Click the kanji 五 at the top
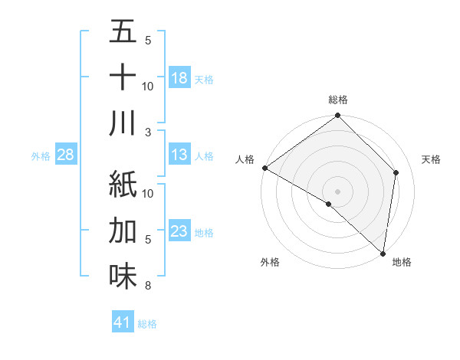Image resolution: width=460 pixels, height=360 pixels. pos(123,32)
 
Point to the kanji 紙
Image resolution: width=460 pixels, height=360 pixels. pos(123,185)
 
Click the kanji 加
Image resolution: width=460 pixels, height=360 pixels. pos(123,231)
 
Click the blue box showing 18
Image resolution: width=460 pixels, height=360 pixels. pos(179,77)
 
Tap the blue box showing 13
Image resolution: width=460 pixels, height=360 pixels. pos(179,155)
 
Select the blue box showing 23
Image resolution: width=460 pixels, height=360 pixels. pos(179,231)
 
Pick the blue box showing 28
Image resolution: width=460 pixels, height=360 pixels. pos(66,155)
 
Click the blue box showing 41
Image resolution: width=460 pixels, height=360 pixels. pos(123,322)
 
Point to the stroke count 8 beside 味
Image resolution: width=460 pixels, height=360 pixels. pos(148,286)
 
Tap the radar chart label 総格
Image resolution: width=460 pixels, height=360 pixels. pos(338,100)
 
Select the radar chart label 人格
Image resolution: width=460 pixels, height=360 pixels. pos(245,159)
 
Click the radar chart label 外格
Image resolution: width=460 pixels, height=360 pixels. pos(270,263)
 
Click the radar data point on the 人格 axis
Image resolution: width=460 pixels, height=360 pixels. pos(264,168)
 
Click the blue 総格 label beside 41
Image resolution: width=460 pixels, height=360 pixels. pos(147,324)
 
